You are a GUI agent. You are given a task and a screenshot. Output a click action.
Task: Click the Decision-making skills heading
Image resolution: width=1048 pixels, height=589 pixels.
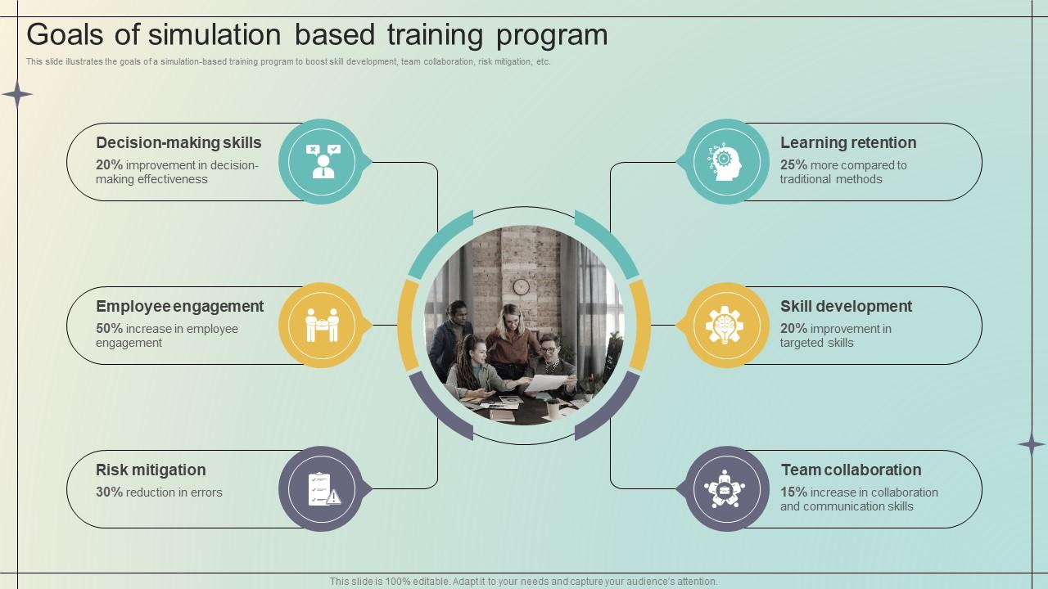tap(178, 143)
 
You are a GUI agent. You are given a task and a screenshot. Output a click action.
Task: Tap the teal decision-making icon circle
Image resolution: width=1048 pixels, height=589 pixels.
tap(323, 162)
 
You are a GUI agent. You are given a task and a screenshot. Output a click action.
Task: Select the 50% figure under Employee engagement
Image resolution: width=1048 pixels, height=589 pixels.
tap(109, 329)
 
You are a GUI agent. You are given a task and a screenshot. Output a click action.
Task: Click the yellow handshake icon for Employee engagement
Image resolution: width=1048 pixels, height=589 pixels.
tap(322, 326)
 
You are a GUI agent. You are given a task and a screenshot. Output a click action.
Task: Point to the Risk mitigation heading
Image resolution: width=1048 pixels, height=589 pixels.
tap(151, 470)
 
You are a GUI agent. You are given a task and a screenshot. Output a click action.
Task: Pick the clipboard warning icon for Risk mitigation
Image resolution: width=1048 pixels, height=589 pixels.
tap(322, 489)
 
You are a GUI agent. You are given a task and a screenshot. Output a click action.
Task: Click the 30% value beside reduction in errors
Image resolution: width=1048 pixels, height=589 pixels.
tap(109, 492)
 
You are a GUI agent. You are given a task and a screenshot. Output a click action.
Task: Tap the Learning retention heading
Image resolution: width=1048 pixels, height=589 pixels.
tap(848, 143)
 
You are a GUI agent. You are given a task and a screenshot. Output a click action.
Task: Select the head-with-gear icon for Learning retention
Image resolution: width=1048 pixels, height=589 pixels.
tap(725, 162)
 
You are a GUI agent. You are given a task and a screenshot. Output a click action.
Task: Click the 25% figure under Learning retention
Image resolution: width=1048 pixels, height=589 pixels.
tap(793, 165)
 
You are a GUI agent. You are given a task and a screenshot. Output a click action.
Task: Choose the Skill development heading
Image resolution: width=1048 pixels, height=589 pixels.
tap(846, 307)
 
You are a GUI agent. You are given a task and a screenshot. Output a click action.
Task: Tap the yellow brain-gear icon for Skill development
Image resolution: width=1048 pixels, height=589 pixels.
tap(725, 326)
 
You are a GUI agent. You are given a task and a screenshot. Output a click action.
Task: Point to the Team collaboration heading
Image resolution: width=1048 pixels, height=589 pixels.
tap(851, 470)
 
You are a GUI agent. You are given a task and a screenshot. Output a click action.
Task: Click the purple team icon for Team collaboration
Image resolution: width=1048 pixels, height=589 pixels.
tap(725, 489)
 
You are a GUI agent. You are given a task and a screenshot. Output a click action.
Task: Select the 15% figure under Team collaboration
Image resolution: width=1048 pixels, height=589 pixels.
tap(793, 492)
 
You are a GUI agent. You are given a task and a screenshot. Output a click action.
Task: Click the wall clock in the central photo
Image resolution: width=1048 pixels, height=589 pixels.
tap(521, 286)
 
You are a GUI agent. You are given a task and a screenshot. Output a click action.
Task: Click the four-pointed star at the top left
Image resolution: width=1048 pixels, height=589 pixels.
tap(16, 95)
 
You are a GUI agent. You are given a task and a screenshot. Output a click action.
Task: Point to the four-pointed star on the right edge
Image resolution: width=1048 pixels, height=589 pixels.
tap(1031, 444)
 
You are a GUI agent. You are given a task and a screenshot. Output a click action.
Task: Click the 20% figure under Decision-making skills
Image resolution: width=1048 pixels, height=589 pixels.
tap(109, 165)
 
